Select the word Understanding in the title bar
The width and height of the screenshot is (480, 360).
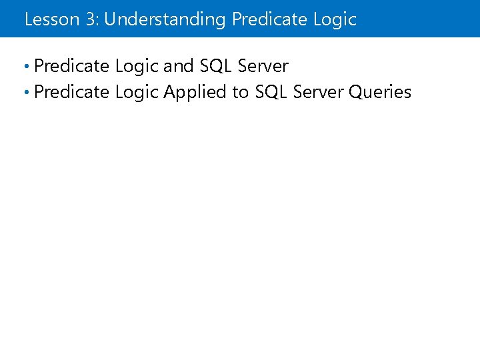point(165,20)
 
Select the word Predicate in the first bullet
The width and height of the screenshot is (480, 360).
point(71,66)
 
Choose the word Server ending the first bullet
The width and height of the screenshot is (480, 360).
point(263,66)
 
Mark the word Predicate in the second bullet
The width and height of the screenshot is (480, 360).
point(71,92)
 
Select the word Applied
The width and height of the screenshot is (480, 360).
point(195,93)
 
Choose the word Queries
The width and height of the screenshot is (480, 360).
point(380,92)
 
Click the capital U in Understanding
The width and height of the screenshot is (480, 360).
point(111,19)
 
